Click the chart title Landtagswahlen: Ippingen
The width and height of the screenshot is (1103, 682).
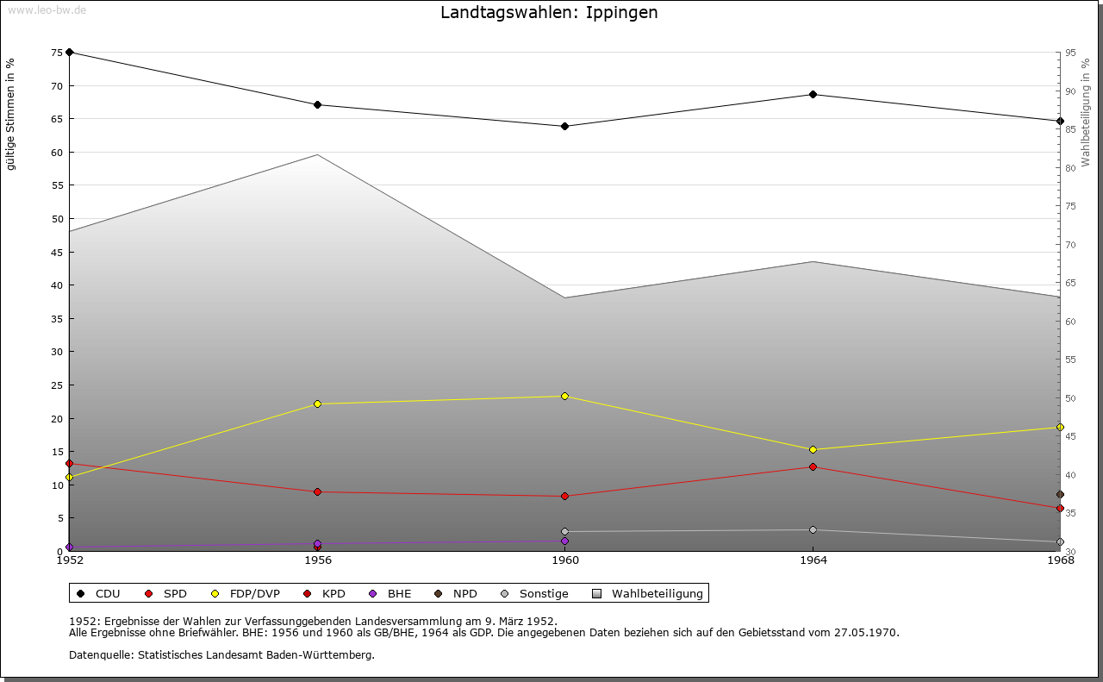coord(549,12)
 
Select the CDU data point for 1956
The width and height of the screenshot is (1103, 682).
coord(317,105)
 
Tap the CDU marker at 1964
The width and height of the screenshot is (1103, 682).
coord(813,94)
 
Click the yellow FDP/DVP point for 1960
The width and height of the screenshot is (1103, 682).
coord(564,396)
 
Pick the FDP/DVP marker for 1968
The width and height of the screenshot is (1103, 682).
coord(1060,427)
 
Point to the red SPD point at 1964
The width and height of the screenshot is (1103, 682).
coord(813,466)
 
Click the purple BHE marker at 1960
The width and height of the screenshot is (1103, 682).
coord(564,541)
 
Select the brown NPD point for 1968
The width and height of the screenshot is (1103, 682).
coord(1060,494)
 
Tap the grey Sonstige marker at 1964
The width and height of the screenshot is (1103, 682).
coord(813,529)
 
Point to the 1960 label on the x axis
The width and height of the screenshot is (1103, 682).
coord(564,560)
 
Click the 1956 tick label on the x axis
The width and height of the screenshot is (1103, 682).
coord(317,560)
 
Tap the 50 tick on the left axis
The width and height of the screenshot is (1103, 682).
coord(57,219)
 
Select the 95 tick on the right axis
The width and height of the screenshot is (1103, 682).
coord(1069,53)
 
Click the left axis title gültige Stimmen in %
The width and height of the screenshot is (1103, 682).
coord(10,114)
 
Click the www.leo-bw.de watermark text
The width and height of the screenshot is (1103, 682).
coord(47,9)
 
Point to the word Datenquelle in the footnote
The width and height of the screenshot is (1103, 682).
coord(97,654)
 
